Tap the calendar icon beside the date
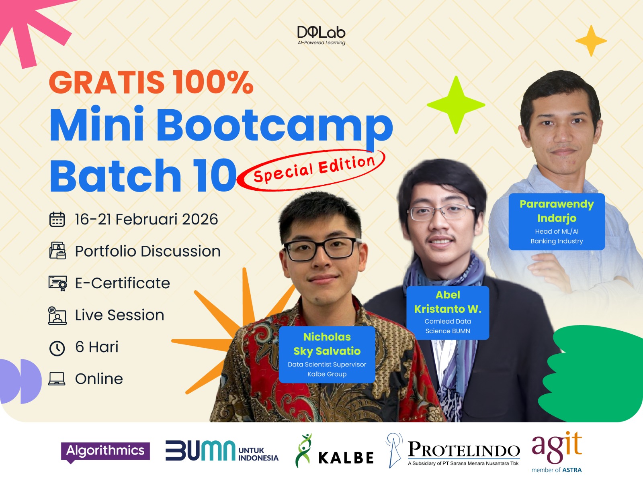click(x=57, y=219)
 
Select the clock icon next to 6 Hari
click(x=57, y=348)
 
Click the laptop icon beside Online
click(x=57, y=379)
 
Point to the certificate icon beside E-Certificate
click(x=58, y=283)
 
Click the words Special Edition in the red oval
click(x=314, y=169)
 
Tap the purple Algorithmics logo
click(x=105, y=452)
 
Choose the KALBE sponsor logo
click(x=334, y=451)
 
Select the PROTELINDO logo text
click(x=464, y=450)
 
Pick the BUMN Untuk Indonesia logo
click(x=222, y=451)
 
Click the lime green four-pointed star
click(x=456, y=105)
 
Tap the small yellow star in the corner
click(x=591, y=41)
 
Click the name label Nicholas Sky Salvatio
click(x=327, y=355)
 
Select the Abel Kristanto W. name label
click(x=448, y=313)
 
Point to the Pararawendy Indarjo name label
click(x=557, y=222)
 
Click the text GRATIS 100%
click(x=151, y=82)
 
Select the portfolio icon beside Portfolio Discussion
click(x=57, y=251)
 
